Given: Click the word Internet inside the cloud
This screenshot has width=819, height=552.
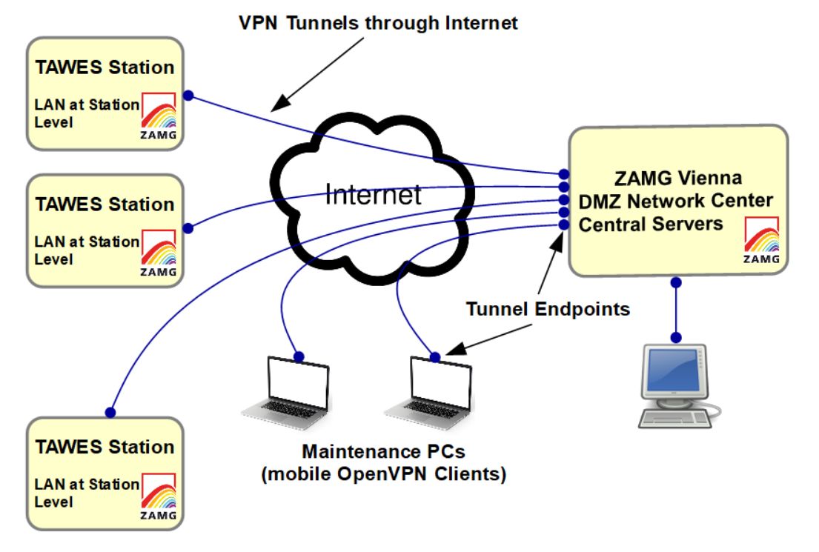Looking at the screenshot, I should click(373, 196).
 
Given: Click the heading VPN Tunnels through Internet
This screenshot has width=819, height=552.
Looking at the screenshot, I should click(377, 22).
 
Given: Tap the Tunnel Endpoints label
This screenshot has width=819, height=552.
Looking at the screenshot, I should click(548, 309).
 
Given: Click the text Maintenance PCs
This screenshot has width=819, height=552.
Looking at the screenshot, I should click(383, 451).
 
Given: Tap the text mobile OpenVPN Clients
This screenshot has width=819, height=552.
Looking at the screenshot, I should click(383, 474).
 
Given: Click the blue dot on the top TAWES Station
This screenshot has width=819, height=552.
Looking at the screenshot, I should click(188, 95).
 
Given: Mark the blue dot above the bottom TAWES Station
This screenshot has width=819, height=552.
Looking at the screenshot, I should click(110, 412).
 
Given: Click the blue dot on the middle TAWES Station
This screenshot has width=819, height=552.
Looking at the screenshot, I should click(188, 227).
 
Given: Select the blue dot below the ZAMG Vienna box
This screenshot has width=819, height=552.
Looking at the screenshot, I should click(675, 282).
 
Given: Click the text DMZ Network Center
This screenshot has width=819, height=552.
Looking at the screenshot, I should click(675, 201).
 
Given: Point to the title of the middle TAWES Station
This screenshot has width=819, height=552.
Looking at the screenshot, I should click(105, 204).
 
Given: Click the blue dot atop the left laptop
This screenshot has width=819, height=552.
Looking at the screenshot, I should click(298, 356).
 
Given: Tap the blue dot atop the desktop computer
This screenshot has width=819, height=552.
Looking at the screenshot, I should click(675, 337).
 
